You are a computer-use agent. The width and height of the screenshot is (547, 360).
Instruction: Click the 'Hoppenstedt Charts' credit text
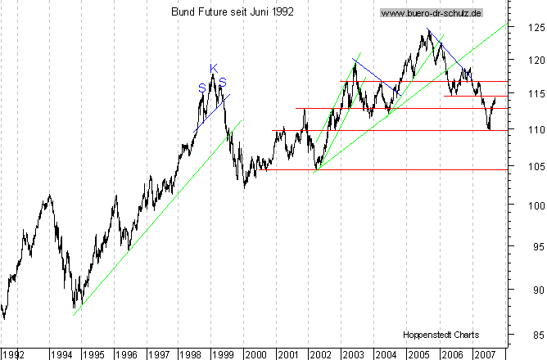(441, 335)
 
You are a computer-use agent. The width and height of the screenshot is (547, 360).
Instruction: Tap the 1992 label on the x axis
(14, 355)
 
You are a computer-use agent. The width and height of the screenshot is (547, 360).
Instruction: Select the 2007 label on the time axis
(484, 355)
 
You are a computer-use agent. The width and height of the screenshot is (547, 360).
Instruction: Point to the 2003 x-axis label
(354, 355)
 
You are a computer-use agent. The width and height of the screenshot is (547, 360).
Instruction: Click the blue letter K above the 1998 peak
(213, 68)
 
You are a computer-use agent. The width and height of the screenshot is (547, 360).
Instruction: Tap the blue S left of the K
(201, 87)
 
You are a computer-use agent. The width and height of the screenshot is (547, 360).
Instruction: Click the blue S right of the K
(223, 82)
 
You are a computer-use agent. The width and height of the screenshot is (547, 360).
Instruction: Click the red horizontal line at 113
(393, 108)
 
